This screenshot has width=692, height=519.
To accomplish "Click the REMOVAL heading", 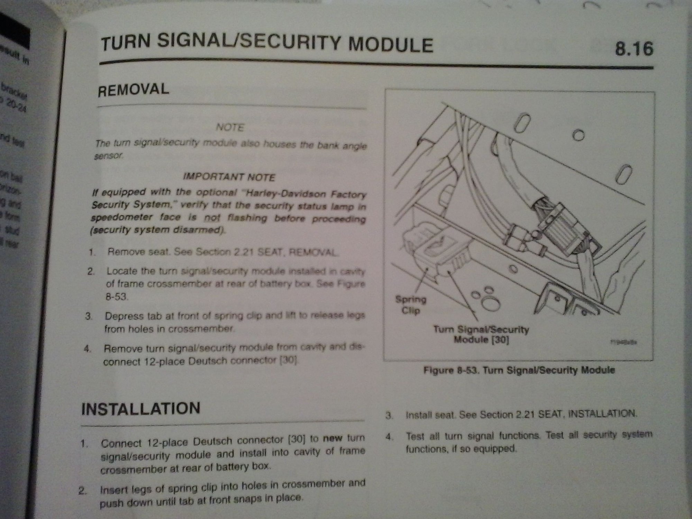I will pos(134,90).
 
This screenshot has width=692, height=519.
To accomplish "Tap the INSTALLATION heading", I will pos(140,408).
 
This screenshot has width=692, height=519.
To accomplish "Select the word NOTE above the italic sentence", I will pos(230,128).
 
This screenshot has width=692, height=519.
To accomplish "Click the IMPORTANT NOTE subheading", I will pos(229,177).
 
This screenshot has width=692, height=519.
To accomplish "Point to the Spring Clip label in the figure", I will pos(411,304).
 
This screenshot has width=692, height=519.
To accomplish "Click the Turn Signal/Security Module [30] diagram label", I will pos(481,335).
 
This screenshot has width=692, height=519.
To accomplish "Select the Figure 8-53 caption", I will pos(519,371).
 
